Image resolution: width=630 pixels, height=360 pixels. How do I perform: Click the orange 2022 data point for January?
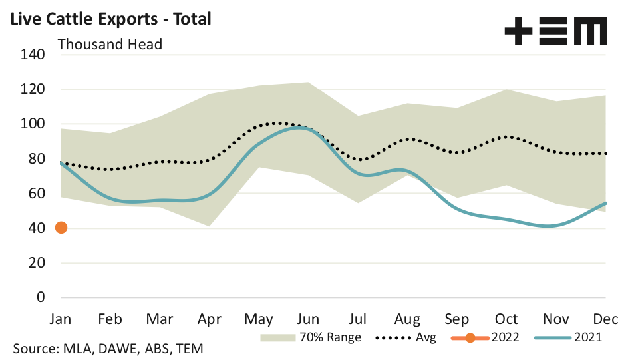click(x=61, y=228)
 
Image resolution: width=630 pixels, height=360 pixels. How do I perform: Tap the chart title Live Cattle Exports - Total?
click(x=110, y=19)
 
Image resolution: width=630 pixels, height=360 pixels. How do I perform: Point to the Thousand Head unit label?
click(x=110, y=45)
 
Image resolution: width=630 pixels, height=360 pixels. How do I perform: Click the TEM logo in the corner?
click(x=555, y=31)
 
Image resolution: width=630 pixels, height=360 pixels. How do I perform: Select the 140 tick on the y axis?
click(x=32, y=55)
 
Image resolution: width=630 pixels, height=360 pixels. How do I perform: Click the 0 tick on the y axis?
click(x=40, y=297)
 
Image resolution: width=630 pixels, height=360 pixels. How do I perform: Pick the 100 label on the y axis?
click(x=32, y=124)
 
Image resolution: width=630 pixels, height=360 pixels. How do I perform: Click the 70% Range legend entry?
click(x=313, y=337)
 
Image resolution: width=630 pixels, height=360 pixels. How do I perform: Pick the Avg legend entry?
click(x=405, y=337)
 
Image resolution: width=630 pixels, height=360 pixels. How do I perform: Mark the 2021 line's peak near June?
click(x=303, y=128)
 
